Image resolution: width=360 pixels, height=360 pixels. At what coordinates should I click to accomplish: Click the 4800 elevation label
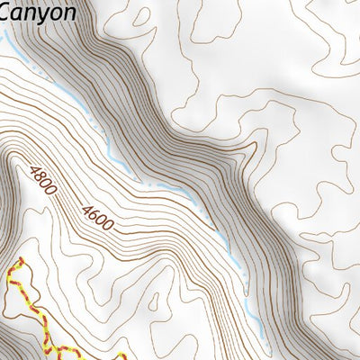point(42,182)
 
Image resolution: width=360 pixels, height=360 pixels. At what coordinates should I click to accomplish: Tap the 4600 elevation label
point(96,215)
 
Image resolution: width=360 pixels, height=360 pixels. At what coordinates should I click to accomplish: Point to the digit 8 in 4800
point(39,177)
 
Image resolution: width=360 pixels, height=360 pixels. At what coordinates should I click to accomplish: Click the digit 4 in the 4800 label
point(32,170)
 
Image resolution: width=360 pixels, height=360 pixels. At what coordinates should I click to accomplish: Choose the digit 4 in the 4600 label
point(85,205)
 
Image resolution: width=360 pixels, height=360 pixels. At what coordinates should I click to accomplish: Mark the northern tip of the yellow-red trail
point(20,258)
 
